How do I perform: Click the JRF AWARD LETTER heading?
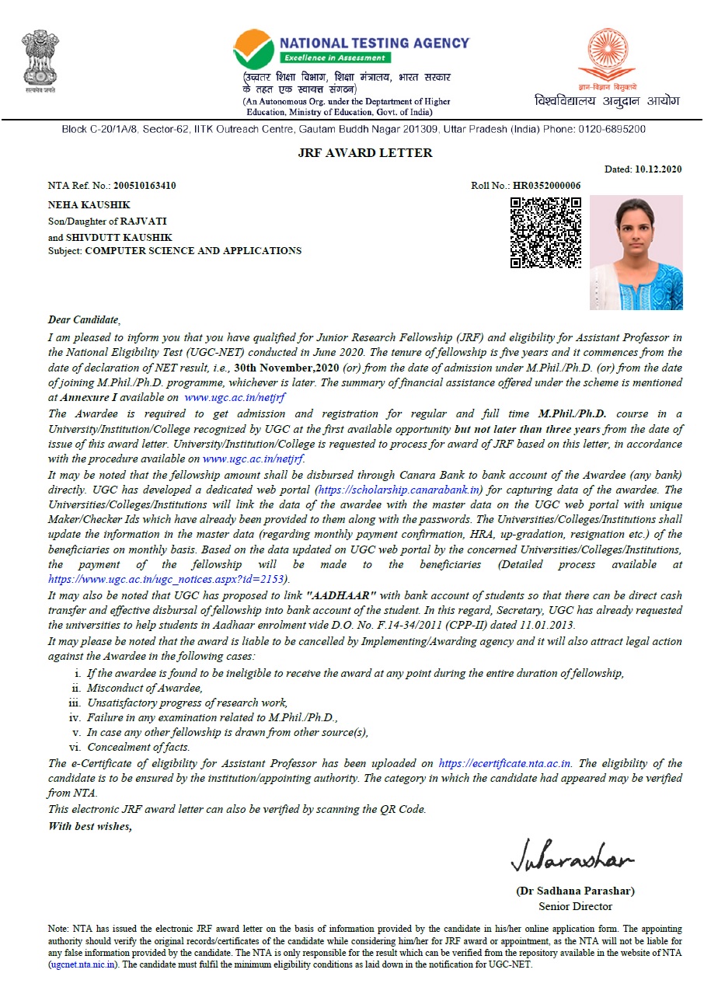[x=365, y=153]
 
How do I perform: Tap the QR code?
[x=545, y=232]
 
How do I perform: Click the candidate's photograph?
[x=636, y=252]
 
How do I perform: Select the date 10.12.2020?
[x=658, y=169]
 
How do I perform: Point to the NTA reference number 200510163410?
[x=145, y=186]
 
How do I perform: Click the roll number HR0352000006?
[x=545, y=186]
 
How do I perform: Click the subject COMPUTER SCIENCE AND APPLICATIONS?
[x=193, y=251]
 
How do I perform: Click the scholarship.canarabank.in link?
[x=399, y=490]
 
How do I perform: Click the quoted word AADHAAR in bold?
[x=342, y=595]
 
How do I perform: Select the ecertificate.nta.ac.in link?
[x=505, y=764]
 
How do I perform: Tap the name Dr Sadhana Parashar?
[x=575, y=891]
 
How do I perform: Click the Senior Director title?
[x=575, y=906]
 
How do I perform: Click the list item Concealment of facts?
[x=138, y=747]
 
